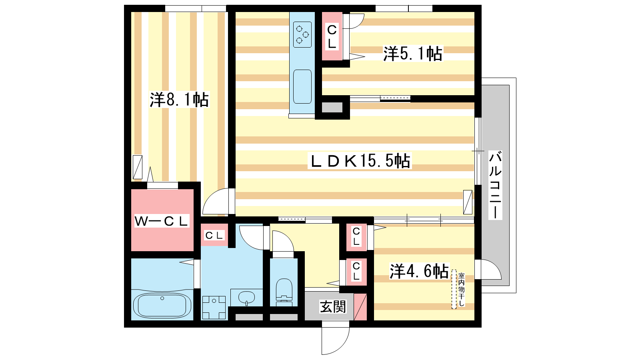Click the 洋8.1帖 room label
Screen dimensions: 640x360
179,100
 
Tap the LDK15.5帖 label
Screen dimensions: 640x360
360,161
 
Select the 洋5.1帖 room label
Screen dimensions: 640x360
412,54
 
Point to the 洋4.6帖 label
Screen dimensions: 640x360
419,271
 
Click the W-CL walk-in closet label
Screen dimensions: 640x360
162,221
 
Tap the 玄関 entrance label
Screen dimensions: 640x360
333,306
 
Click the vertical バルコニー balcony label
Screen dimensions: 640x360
495,185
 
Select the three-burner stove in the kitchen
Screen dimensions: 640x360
302,34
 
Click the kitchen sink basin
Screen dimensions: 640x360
302,86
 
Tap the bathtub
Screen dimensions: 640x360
162,305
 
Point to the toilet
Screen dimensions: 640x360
284,292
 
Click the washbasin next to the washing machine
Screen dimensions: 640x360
246,298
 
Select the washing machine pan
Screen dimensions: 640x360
214,308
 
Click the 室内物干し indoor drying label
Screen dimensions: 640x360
462,290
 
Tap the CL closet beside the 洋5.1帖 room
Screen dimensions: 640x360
332,36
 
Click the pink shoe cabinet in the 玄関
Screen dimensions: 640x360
360,307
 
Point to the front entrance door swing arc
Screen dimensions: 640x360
336,341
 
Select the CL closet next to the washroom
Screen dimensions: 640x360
214,235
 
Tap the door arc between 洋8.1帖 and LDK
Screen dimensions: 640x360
216,201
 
